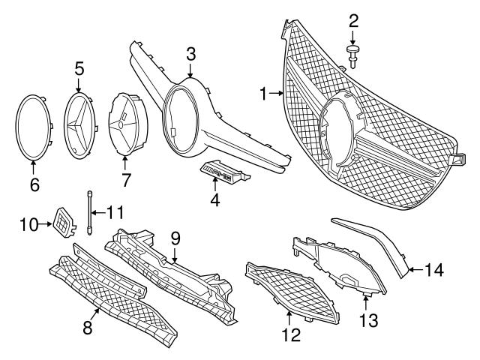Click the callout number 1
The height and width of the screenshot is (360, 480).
pos(264,93)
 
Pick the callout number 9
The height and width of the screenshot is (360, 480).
pos(175,238)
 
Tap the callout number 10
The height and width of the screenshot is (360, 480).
pos(28,223)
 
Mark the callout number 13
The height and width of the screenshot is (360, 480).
pos(365,321)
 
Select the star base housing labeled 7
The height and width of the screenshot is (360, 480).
pos(122,124)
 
